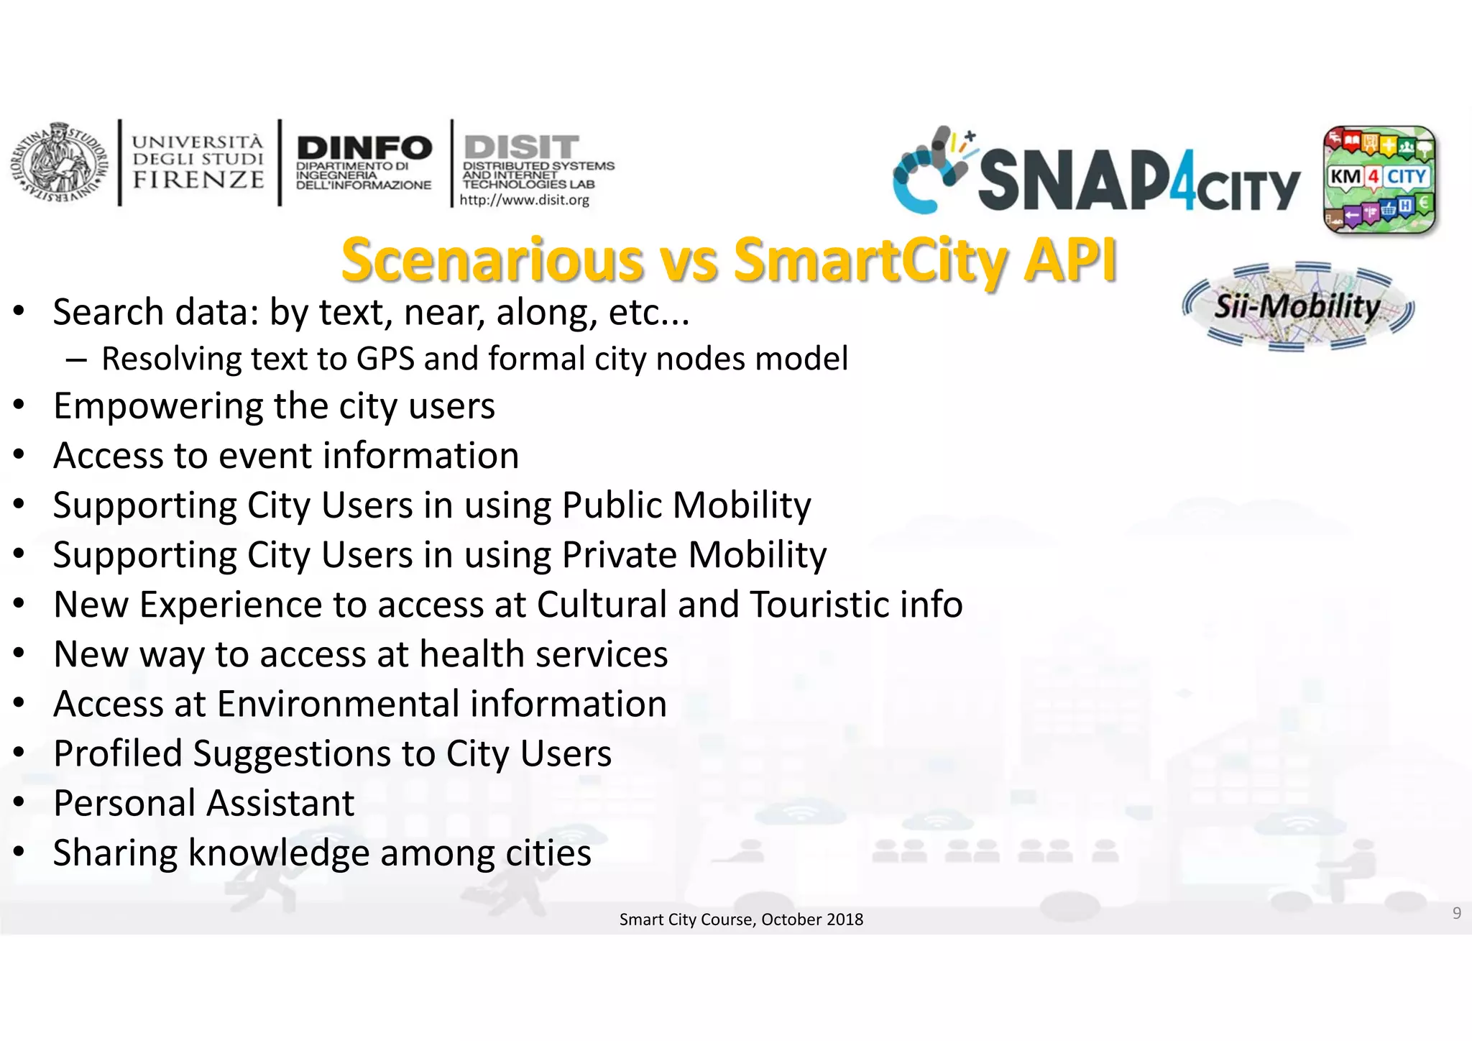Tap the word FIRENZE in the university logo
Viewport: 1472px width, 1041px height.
point(198,180)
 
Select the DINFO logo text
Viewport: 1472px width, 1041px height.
point(364,148)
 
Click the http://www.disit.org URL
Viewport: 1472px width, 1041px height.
point(524,201)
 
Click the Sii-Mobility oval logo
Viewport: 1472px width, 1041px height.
point(1298,307)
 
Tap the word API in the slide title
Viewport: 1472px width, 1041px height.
point(1070,260)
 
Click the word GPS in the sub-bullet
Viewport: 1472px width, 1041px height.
point(385,359)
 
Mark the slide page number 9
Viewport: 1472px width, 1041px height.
point(1456,913)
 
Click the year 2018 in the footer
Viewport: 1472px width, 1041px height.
point(845,920)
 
